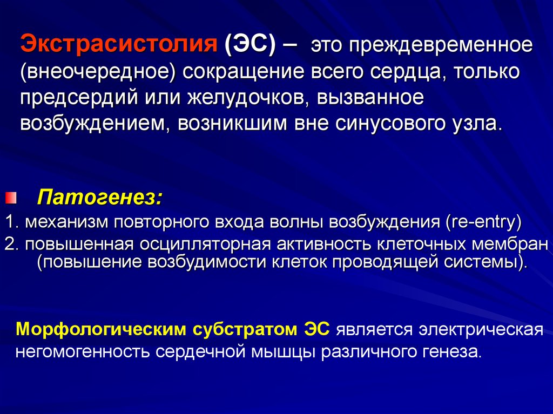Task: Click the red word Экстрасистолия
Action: point(118,44)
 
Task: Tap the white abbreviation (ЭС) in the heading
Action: point(249,44)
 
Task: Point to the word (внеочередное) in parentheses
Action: point(98,72)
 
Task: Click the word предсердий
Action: point(79,98)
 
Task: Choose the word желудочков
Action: point(248,98)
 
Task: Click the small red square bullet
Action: point(11,198)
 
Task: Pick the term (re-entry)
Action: point(483,222)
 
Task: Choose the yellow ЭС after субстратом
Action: point(316,329)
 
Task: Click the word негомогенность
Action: point(83,352)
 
